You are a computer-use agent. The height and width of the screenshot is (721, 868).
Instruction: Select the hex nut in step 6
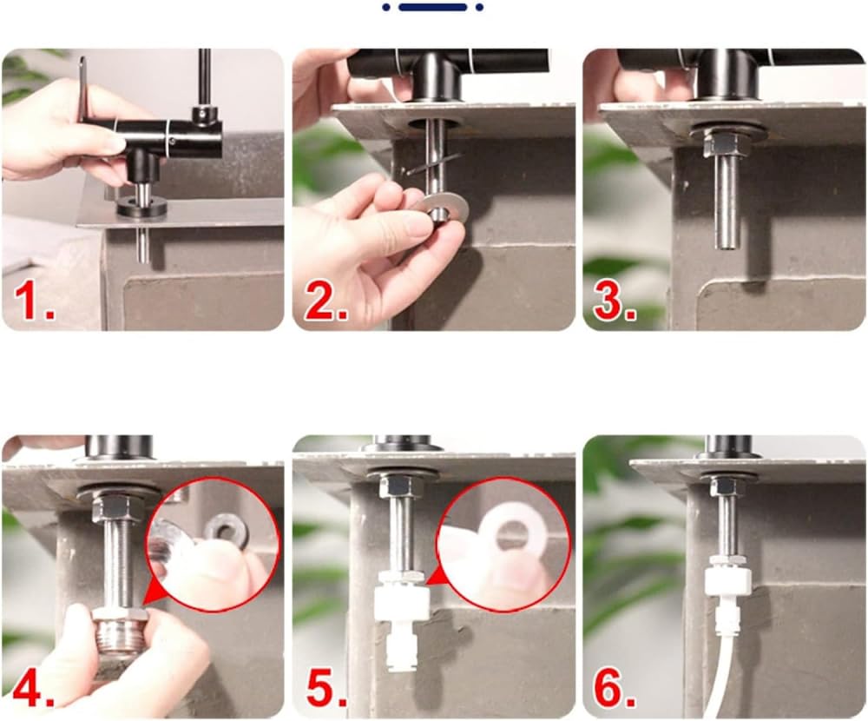point(724,486)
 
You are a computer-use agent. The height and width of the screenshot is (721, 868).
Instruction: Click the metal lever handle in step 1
point(82,88)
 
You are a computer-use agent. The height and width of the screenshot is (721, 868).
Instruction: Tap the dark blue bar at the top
point(432,7)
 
